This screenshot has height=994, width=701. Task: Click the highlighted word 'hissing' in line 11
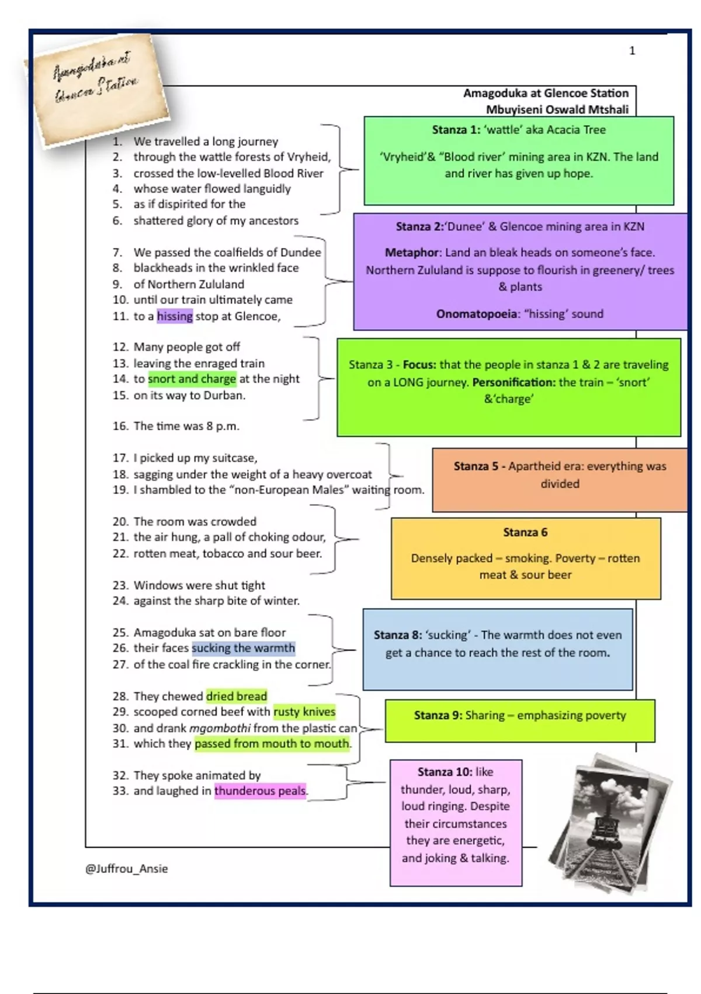pyautogui.click(x=175, y=316)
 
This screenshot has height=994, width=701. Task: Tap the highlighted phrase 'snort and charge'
pyautogui.click(x=192, y=379)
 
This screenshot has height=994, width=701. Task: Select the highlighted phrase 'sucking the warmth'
pyautogui.click(x=243, y=648)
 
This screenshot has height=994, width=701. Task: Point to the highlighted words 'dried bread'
pyautogui.click(x=237, y=696)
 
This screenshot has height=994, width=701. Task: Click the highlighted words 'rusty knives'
pyautogui.click(x=304, y=712)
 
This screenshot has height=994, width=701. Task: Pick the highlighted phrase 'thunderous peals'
pyautogui.click(x=260, y=791)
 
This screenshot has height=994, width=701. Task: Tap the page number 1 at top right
pyautogui.click(x=632, y=51)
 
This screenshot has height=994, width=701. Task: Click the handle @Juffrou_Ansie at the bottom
pyautogui.click(x=127, y=869)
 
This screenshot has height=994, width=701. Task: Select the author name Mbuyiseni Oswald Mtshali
pyautogui.click(x=557, y=109)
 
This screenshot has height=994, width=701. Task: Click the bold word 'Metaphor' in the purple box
pyautogui.click(x=411, y=253)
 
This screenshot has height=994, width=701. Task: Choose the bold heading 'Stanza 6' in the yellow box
pyautogui.click(x=525, y=532)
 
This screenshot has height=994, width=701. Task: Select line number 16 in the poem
pyautogui.click(x=120, y=426)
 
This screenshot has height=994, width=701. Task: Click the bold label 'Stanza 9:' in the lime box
pyautogui.click(x=438, y=715)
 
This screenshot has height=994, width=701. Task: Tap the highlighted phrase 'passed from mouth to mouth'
pyautogui.click(x=272, y=744)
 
